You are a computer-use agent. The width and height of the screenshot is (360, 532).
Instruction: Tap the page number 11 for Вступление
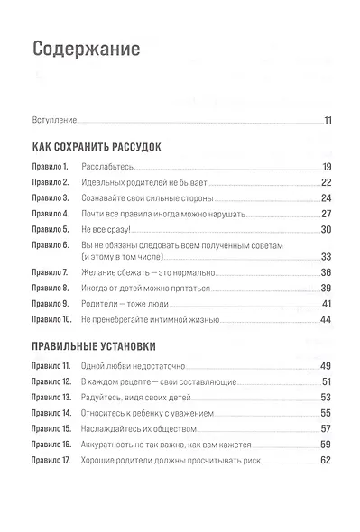pos(329,120)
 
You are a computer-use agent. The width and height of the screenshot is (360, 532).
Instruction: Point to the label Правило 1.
pos(51,168)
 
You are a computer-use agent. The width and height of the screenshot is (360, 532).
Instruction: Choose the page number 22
pos(328,183)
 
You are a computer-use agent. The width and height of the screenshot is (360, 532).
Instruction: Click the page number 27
pos(328,215)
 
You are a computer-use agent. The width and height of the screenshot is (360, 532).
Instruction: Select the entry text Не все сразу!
pos(106,229)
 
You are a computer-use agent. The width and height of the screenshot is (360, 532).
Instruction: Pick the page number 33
pos(328,257)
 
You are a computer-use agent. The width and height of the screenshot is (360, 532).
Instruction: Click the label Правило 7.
pos(51,272)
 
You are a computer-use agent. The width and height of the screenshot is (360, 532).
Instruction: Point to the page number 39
pos(328,288)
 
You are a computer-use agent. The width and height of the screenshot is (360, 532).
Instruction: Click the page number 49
pos(328,366)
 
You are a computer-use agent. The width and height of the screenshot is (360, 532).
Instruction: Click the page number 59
pos(328,445)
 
